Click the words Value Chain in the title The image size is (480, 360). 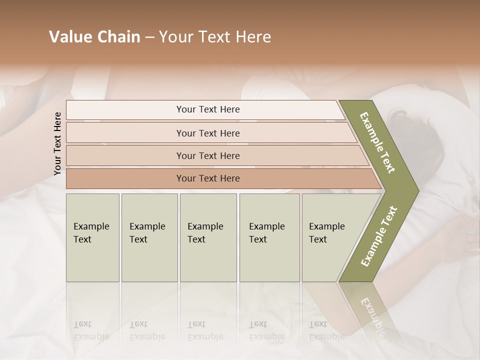94,37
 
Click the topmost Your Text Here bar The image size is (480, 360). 207,109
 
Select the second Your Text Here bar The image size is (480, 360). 207,133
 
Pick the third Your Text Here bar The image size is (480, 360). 207,155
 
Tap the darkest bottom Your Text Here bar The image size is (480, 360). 207,178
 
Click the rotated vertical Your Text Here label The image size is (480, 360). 57,143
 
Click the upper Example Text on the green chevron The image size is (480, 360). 377,142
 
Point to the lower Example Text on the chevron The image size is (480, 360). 379,236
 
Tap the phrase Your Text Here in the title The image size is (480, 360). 215,37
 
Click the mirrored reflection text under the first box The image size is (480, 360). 91,330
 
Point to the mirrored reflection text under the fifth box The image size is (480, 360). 326,330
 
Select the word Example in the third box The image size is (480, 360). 205,226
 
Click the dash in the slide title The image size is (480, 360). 149,37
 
